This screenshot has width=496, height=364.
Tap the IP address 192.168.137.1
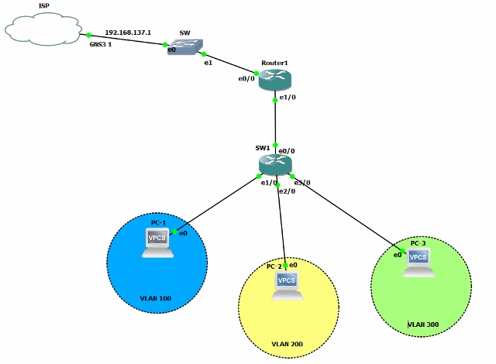pos(128,33)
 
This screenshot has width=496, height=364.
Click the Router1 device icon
pos(274,79)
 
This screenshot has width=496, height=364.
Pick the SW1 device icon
pos(275,164)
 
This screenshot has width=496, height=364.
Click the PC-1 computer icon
pos(158,242)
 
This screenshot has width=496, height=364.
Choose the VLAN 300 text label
pos(423,325)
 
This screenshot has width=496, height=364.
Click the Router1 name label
pos(275,62)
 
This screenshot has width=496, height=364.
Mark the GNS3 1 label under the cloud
pos(102,46)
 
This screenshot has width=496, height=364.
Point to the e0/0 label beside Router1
pos(247,79)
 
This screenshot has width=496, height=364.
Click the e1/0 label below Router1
pos(288,98)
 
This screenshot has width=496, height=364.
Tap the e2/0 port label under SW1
pos(286,191)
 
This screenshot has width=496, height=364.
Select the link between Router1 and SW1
pos(275,122)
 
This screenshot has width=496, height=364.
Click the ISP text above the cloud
pos(44,7)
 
